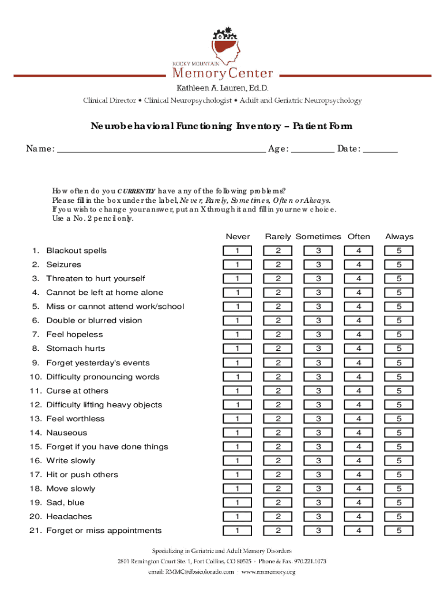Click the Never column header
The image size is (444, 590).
point(238,237)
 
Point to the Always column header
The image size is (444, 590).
point(399,237)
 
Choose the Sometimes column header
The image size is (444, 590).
point(318,237)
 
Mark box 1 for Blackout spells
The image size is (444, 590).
point(238,251)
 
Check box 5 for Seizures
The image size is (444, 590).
point(399,265)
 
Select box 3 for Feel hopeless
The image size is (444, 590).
point(318,335)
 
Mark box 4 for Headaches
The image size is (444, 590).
point(359,517)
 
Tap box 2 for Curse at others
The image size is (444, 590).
point(278,391)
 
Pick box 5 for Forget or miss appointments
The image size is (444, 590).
point(399,531)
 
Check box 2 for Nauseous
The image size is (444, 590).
point(278,433)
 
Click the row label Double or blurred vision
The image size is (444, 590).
point(94,320)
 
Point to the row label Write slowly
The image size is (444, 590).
point(71,461)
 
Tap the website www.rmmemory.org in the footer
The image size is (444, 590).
point(268,572)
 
